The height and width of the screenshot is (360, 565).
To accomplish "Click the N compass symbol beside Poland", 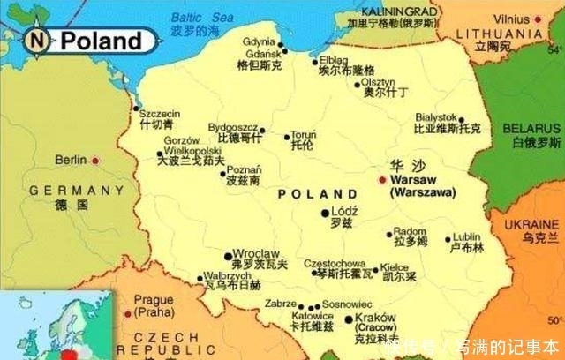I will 36,39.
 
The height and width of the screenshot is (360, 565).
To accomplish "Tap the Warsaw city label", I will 413,179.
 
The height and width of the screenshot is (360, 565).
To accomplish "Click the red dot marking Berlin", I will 95,161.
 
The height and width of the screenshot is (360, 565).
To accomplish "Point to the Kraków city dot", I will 349,319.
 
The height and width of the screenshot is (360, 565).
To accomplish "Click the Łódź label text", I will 343,213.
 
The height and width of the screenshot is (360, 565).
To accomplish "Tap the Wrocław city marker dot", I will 229,252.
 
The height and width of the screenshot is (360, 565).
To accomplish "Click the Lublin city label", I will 467,236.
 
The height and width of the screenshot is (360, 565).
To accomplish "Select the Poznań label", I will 244,169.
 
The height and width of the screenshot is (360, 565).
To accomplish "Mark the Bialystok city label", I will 435,116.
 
